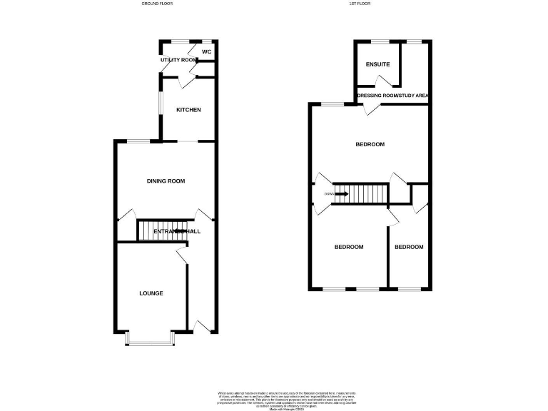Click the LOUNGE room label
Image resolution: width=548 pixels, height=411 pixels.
point(151,293)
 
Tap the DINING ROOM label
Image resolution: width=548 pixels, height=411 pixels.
point(166,181)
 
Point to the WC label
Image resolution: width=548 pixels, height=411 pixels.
point(206,52)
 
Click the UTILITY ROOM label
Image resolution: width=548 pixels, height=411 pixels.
point(178,60)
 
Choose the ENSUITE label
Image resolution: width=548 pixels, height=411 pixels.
point(378,65)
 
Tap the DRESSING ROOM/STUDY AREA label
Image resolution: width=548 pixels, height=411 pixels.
point(392,95)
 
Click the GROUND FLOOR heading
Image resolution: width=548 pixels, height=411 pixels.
point(157,4)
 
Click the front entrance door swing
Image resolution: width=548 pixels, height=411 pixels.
point(203,326)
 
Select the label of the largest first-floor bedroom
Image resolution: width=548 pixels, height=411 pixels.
point(370,144)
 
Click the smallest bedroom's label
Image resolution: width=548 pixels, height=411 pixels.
point(409,247)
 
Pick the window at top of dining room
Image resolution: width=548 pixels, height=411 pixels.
point(139,141)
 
